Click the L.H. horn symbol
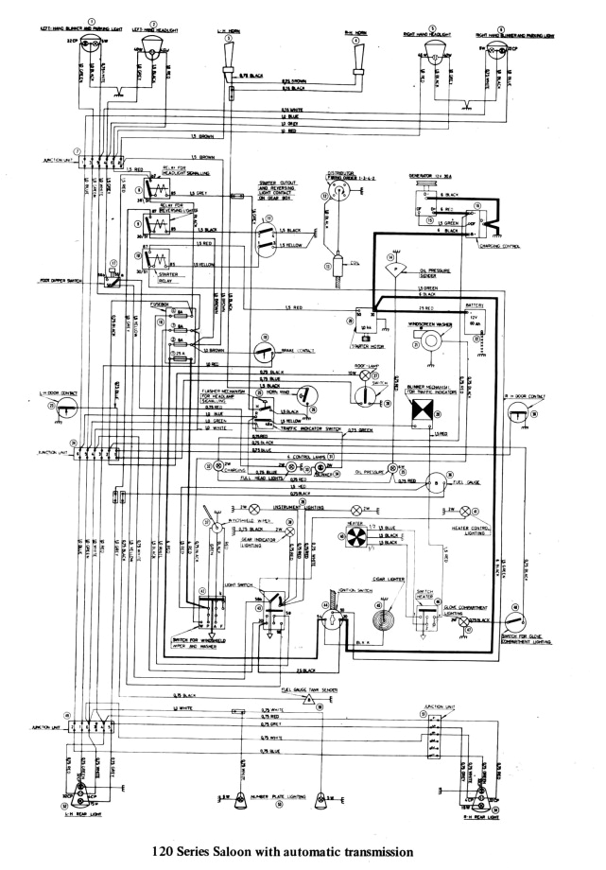[228, 66]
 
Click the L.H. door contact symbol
[65, 406]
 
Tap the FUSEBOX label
[160, 304]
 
